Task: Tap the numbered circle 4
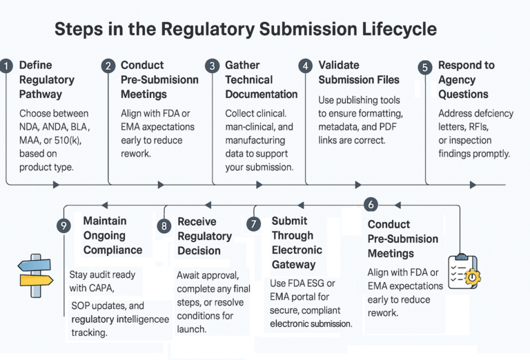(x=305, y=66)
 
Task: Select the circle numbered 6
(x=371, y=204)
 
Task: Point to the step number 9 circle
(x=64, y=226)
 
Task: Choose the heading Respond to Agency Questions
(x=466, y=79)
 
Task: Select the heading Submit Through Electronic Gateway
(x=296, y=242)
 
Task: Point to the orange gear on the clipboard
(x=473, y=277)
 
